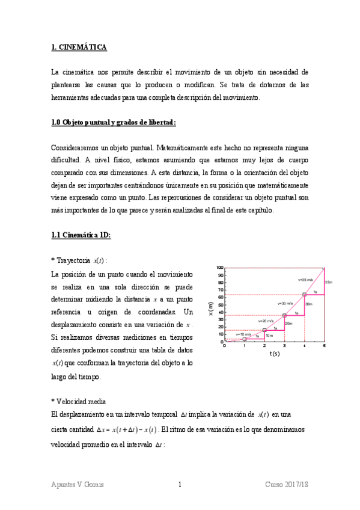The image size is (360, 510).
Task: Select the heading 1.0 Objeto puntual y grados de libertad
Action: [114, 122]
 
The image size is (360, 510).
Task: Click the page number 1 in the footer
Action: [180, 485]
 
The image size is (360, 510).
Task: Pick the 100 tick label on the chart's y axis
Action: [219, 268]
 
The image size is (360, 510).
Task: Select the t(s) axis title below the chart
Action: [274, 354]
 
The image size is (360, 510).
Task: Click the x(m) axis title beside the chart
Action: [210, 308]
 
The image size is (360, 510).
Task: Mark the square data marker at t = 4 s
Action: [304, 294]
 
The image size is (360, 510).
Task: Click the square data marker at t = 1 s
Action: [245, 339]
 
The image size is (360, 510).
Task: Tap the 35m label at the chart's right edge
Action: [328, 281]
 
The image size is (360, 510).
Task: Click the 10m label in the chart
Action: [269, 335]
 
